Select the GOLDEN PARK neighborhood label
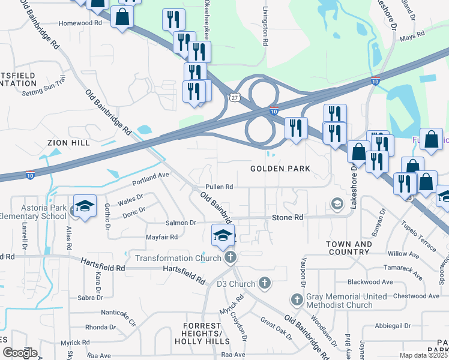click(x=280, y=169)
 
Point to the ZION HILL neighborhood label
click(x=69, y=143)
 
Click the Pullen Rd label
click(x=219, y=187)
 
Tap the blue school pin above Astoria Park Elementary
click(x=85, y=206)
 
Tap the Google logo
click(x=19, y=353)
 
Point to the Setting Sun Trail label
click(x=43, y=86)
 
